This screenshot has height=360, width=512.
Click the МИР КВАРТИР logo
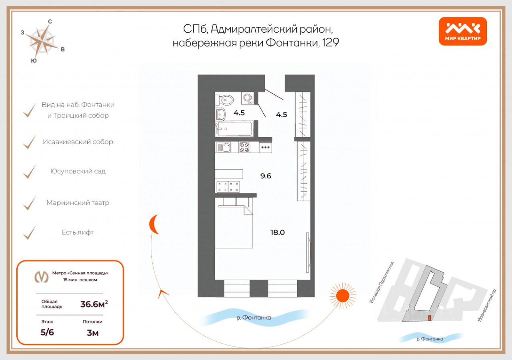click(463, 31)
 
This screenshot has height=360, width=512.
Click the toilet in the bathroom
click(225, 100)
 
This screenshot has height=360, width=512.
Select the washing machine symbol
click(248, 98)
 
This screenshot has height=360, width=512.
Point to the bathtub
click(234, 128)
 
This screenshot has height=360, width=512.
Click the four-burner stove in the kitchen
click(244, 147)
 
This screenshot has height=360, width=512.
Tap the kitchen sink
click(223, 147)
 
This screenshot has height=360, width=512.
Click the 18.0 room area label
click(278, 232)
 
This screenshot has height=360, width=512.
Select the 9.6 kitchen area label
click(266, 176)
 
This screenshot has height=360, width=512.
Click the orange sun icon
click(343, 296)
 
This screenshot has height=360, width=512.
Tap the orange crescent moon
click(153, 224)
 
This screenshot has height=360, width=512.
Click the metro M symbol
click(41, 277)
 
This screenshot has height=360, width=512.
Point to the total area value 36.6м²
click(94, 304)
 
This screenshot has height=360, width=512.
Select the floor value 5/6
click(47, 332)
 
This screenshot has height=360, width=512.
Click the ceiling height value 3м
click(92, 333)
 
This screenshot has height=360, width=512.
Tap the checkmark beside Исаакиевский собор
click(29, 142)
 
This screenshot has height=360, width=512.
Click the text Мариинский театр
click(78, 203)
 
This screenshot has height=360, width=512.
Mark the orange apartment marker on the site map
click(430, 318)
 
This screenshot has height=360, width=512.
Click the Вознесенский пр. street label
click(487, 305)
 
